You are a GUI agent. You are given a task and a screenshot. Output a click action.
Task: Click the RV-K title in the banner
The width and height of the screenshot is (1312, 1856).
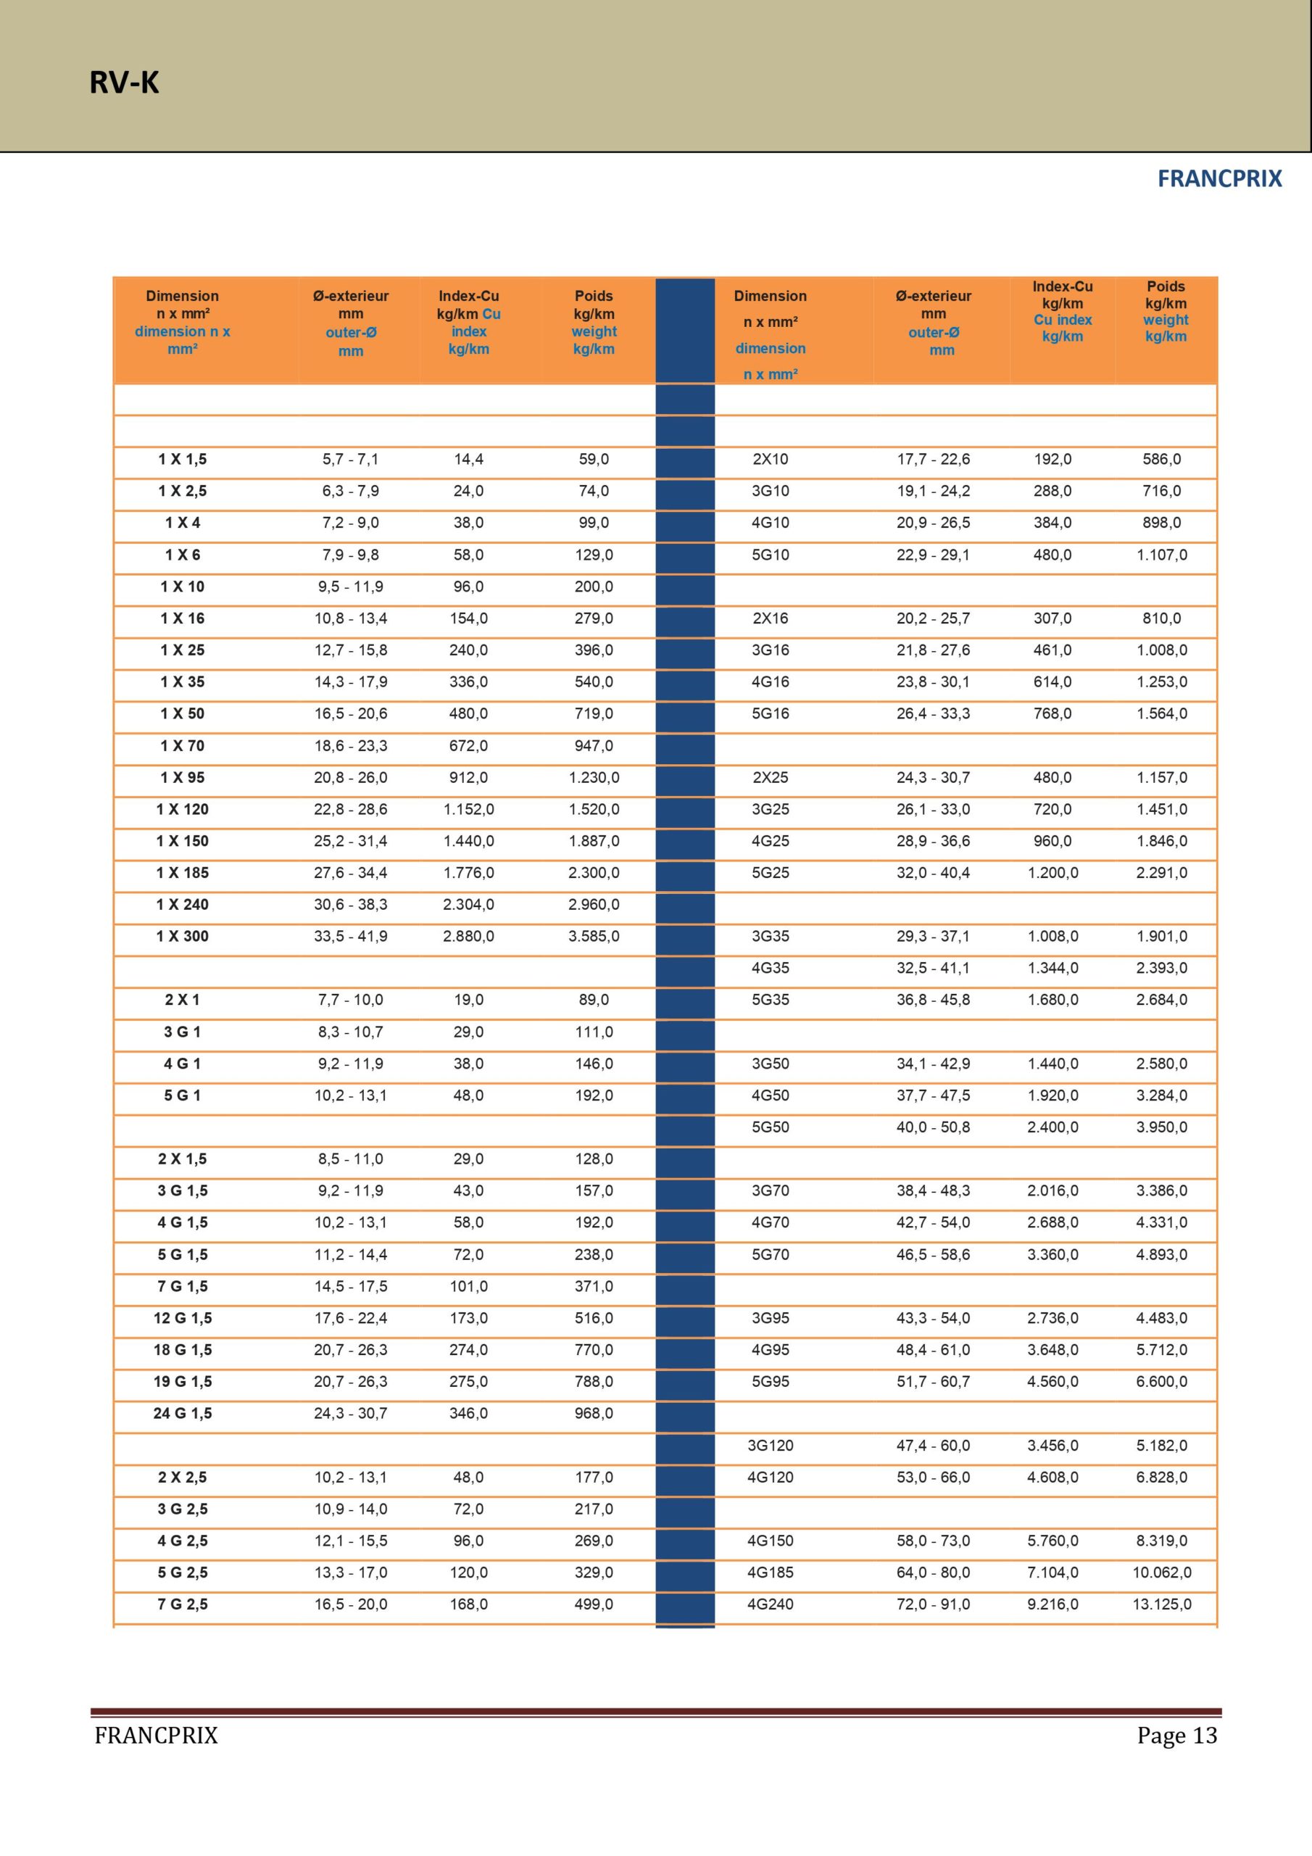124,83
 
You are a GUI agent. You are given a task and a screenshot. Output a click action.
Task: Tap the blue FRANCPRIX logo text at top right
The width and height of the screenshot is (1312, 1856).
1219,178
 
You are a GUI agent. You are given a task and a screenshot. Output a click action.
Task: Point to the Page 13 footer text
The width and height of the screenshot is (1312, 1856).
1176,1736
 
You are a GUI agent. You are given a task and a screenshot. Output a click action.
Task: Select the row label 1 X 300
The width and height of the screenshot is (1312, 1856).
183,936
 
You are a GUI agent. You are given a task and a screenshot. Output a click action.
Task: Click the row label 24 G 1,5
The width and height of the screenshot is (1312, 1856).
183,1413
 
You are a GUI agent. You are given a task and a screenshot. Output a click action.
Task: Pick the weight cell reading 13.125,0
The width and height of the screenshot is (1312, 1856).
1162,1604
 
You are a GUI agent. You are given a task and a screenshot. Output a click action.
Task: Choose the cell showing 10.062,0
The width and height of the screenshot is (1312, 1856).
1162,1573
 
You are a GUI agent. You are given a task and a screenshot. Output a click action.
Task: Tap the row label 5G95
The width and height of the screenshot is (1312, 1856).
770,1382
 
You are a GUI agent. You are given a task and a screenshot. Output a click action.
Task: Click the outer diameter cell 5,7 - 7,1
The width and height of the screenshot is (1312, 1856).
350,459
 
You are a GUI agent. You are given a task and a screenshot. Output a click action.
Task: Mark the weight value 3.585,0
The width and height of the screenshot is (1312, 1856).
594,936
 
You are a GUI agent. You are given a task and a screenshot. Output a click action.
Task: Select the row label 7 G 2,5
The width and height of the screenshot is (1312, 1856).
183,1604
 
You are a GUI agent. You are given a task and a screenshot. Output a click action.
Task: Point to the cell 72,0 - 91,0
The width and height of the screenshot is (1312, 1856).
933,1604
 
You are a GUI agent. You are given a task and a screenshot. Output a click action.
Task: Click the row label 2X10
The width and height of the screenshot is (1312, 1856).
770,459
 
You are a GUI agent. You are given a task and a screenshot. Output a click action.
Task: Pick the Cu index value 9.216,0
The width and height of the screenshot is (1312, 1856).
1052,1604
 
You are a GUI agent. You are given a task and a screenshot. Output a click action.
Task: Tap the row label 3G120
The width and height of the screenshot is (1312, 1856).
770,1446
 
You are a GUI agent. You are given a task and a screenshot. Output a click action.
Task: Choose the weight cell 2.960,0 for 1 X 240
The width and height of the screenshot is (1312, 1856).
594,905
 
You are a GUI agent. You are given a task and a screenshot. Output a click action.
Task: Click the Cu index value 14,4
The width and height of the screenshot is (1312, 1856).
468,459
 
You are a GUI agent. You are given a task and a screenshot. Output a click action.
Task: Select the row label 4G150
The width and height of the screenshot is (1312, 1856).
770,1541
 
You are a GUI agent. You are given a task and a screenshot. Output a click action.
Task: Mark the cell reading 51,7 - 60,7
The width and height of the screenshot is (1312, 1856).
933,1382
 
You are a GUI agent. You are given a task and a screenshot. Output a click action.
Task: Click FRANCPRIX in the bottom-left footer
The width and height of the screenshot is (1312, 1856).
156,1736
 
